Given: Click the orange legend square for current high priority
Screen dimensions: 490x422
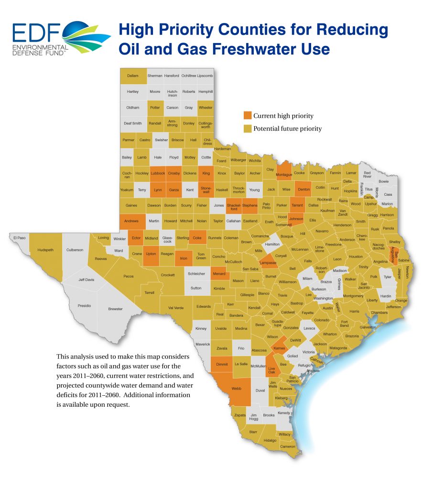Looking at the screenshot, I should click(x=247, y=115).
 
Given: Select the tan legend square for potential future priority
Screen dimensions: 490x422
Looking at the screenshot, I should click(x=247, y=128).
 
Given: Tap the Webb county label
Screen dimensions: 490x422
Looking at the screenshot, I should click(x=236, y=389).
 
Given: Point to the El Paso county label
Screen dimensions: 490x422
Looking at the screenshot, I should click(x=19, y=237).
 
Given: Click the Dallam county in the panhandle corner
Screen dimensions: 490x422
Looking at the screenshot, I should click(x=132, y=76).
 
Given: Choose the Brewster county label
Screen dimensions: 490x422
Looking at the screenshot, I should click(x=115, y=309).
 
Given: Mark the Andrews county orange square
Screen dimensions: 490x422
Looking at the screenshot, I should click(x=131, y=221).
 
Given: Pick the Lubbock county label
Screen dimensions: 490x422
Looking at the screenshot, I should click(x=158, y=173).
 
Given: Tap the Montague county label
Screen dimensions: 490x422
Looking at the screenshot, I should click(x=283, y=175).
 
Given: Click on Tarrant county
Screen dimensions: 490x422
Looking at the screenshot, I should click(x=297, y=205).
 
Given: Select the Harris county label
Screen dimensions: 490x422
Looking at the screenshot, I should click(x=354, y=311).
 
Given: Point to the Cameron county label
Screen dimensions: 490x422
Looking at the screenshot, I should click(x=288, y=446).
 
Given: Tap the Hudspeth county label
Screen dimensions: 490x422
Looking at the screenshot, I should click(x=46, y=250).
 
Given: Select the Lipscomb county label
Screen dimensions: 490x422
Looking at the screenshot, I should click(x=205, y=76).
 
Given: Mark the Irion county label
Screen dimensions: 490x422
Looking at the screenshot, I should click(x=184, y=258).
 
